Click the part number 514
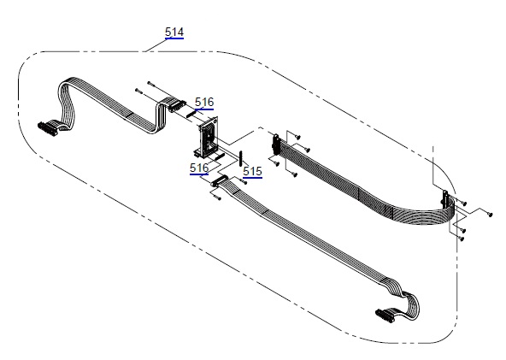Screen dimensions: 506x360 click(174, 32)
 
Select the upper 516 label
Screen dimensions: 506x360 click(204, 102)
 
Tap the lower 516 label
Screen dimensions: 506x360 click(199, 168)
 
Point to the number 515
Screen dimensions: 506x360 click(252, 171)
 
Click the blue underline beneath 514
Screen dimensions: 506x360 click(174, 38)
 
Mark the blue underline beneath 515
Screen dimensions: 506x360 click(252, 178)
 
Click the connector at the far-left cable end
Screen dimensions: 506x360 click(48, 128)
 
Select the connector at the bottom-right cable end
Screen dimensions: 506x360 click(385, 316)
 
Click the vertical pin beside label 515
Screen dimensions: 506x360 click(240, 158)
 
